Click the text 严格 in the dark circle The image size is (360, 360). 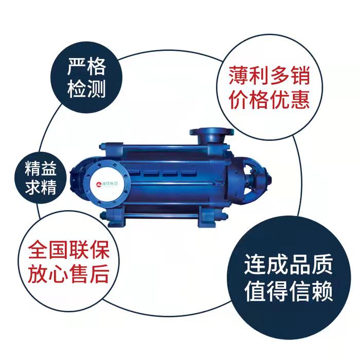(86, 66)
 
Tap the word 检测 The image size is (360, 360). (86, 88)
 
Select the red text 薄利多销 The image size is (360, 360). (269, 76)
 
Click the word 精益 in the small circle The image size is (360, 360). (41, 169)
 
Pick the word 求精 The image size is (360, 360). (41, 187)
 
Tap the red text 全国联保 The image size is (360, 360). (68, 250)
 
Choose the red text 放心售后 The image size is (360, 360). (68, 274)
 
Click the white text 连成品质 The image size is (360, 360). (289, 264)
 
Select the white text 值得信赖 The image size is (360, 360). (289, 291)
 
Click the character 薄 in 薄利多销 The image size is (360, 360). (239, 76)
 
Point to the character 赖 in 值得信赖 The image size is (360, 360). (322, 291)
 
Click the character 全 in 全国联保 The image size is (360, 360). (38, 250)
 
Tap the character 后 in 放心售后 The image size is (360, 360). (99, 274)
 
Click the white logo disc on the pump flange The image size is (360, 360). (107, 184)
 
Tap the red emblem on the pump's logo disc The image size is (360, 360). (99, 184)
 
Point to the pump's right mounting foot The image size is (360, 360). (207, 217)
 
